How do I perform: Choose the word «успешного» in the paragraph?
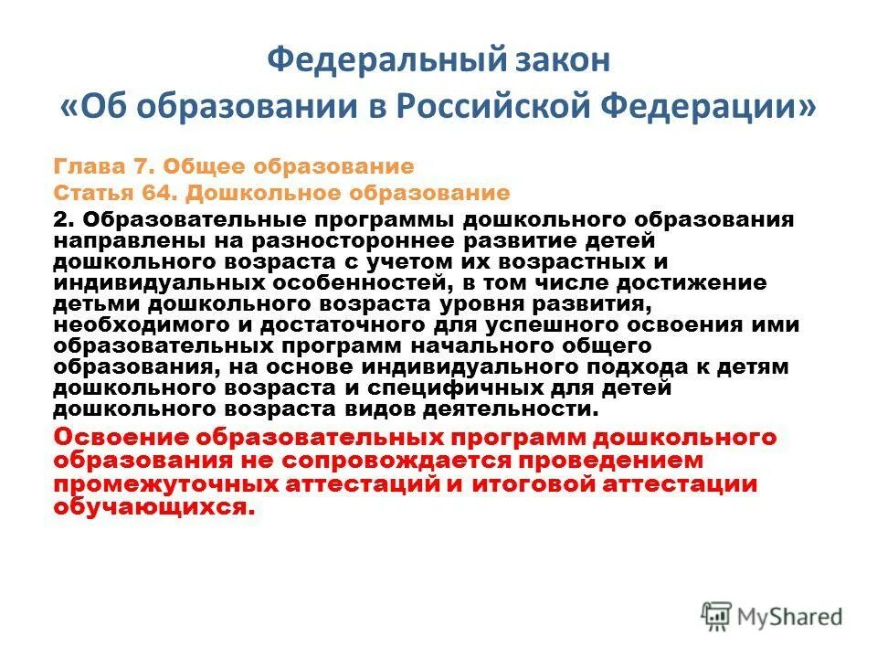click(x=592, y=324)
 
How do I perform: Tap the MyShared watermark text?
click(x=791, y=617)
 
